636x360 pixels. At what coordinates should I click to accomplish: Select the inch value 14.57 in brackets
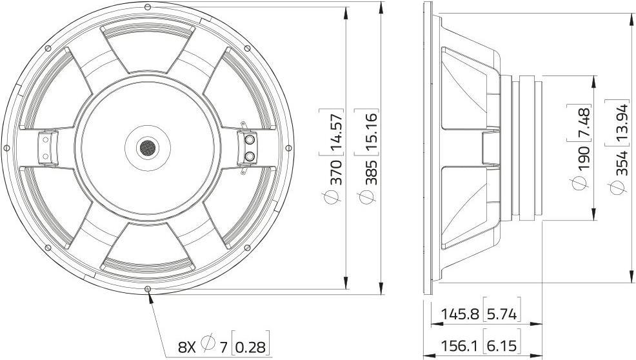tap(335, 132)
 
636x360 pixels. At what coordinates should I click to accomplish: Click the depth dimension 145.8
tap(461, 314)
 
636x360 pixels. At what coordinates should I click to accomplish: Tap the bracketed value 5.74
tap(501, 314)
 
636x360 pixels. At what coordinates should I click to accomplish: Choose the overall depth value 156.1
tap(461, 345)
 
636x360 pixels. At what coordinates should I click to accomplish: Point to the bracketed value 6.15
tap(501, 345)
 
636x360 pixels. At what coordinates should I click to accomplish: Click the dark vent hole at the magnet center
tap(148, 148)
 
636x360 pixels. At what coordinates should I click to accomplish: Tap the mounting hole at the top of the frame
tap(148, 6)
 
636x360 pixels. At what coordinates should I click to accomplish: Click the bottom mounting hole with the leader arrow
tap(148, 289)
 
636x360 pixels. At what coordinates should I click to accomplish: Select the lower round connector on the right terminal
tap(250, 156)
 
